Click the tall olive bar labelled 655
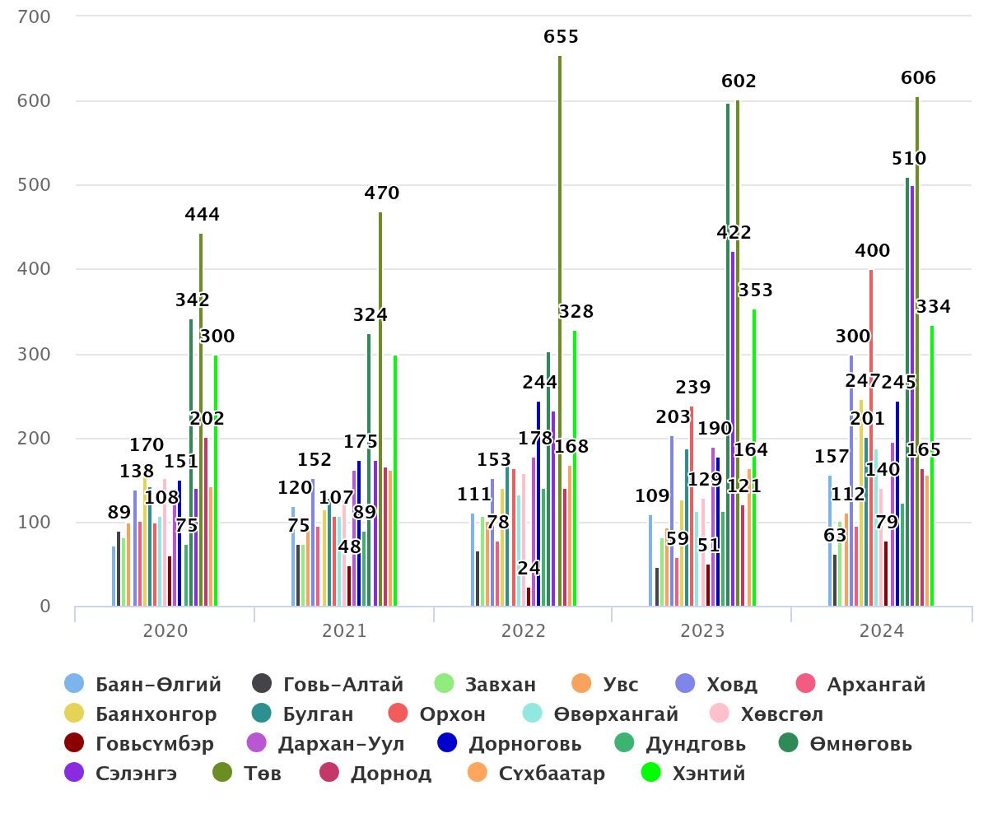pyautogui.click(x=560, y=329)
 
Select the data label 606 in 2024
pyautogui.click(x=919, y=78)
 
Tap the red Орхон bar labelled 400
pyautogui.click(x=871, y=436)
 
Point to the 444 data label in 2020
pyautogui.click(x=202, y=215)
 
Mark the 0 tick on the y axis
pyautogui.click(x=44, y=607)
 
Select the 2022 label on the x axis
pyautogui.click(x=524, y=631)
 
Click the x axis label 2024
pyautogui.click(x=882, y=631)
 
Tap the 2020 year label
pyautogui.click(x=165, y=631)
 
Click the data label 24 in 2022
pyautogui.click(x=529, y=568)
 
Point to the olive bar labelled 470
pyautogui.click(x=380, y=411)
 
